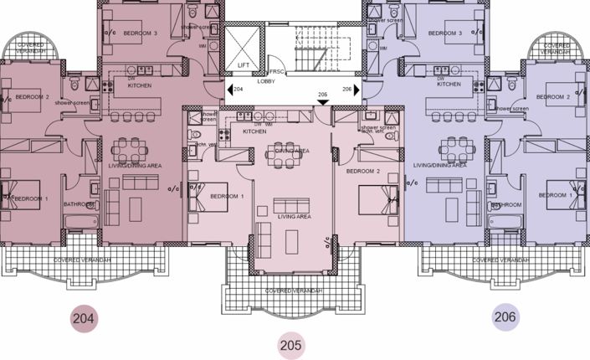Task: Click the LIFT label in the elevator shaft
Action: (244, 64)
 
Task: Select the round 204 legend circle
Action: (84, 318)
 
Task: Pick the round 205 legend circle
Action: (290, 344)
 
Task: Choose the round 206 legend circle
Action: (505, 317)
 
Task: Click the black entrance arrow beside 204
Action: (228, 89)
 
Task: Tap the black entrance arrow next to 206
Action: (357, 89)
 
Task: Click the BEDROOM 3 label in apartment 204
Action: (140, 33)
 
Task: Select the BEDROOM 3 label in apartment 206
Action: (445, 33)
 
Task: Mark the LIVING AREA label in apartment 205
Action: (294, 216)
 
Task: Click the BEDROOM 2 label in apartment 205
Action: (366, 171)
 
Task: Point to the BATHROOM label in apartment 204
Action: (78, 203)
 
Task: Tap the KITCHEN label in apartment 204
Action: (139, 85)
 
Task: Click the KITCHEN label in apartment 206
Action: (449, 85)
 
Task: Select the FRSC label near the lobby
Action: (275, 72)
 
